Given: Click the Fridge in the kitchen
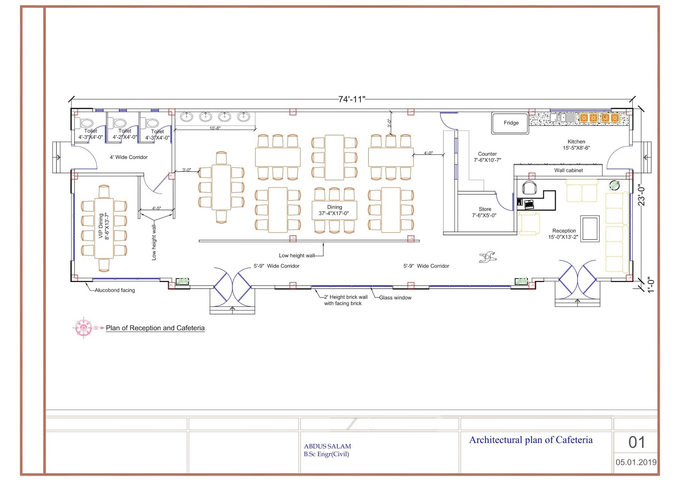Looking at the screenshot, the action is point(510,123).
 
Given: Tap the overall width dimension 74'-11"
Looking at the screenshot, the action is point(351,100).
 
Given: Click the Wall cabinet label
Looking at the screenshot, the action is point(568,171).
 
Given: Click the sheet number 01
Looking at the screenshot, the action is point(637,442).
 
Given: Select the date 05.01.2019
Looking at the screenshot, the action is point(636,462).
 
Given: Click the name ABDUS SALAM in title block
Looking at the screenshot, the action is point(327,446).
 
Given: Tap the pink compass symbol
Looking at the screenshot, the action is point(83,328).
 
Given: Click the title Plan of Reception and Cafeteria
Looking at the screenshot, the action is point(155,328).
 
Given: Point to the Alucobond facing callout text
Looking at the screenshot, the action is point(115,290).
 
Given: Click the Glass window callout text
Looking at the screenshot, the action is point(395,298).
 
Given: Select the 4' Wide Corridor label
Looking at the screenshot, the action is point(128,157).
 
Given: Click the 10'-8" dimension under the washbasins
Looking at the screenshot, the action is point(215,128).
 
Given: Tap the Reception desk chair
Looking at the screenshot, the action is point(530,188).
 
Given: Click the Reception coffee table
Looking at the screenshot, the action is point(590,229).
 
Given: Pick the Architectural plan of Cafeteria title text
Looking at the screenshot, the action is point(531,440).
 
